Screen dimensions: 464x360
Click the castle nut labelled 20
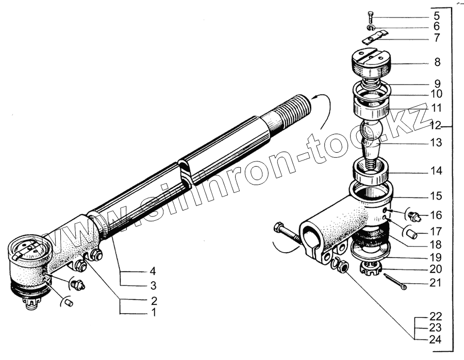point(373,268)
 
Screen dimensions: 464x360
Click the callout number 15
point(436,197)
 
